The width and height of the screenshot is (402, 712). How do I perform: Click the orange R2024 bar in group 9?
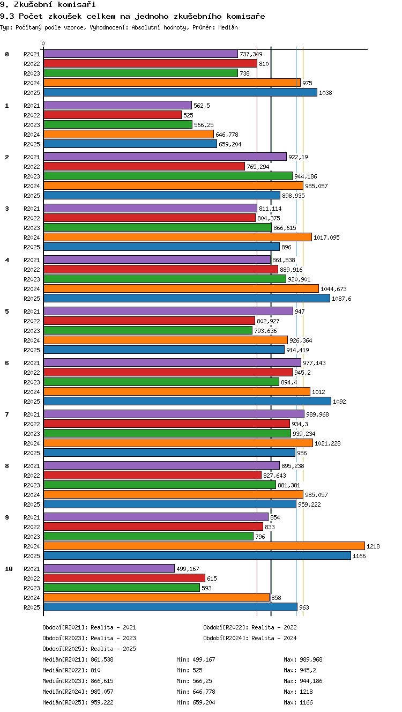point(204,546)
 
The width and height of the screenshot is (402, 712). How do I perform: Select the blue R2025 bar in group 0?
point(180,92)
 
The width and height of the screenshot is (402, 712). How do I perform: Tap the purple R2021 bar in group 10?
point(109,568)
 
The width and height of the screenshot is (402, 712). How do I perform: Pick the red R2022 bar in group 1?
point(113,115)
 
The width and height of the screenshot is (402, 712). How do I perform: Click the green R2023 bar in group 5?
point(148,330)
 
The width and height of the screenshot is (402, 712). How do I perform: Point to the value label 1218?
point(373,546)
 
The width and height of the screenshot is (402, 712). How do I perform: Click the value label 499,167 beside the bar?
point(188,569)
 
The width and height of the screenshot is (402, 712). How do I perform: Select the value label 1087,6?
point(341,299)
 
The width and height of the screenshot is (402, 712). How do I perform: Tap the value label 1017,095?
point(326,238)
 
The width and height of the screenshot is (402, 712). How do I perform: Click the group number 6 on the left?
point(7,363)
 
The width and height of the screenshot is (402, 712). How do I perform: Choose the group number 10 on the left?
point(9,569)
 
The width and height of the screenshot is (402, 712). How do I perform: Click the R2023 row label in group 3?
point(32,228)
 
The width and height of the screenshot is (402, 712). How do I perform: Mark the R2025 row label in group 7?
point(32,453)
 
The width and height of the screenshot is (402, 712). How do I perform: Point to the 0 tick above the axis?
point(43,43)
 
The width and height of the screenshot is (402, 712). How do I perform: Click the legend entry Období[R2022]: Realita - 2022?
point(250,627)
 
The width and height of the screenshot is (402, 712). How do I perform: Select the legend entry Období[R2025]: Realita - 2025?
point(90,649)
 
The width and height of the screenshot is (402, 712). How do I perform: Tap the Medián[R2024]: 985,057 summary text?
point(78,692)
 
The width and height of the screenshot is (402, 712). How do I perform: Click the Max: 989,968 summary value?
point(303,659)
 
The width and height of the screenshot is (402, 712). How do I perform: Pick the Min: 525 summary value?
point(189,670)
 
